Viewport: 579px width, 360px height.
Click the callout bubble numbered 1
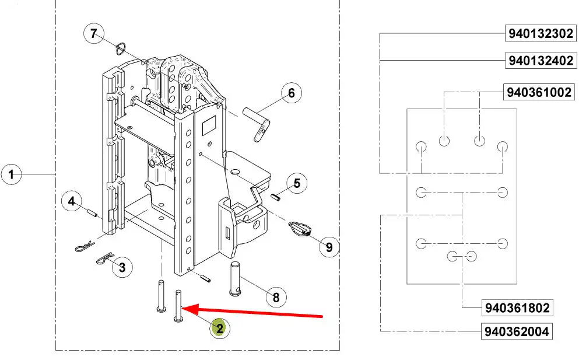coord(11,174)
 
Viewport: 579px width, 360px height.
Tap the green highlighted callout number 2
coord(220,328)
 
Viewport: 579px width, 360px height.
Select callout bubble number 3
coord(122,267)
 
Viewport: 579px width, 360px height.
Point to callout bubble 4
coord(72,201)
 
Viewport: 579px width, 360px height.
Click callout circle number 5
coord(297,183)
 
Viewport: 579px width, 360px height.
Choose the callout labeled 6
coord(292,93)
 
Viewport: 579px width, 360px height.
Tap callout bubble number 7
coord(94,34)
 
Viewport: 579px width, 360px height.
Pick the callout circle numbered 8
coord(276,297)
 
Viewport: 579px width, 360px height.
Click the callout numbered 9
coord(329,247)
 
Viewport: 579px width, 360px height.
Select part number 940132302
coord(541,33)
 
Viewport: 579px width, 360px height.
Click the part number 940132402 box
coord(541,60)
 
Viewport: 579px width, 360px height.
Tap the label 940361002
coord(539,92)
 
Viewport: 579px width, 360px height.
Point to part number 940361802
coord(517,307)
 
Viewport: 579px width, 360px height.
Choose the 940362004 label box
coord(516,331)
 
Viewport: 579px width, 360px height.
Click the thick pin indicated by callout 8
coord(235,278)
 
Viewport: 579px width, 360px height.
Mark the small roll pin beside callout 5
coord(275,197)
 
